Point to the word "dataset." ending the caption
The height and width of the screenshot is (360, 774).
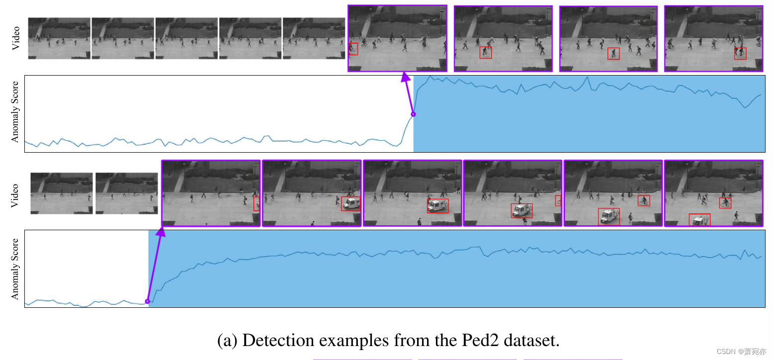click(532, 341)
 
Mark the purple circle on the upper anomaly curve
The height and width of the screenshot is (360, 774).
click(413, 114)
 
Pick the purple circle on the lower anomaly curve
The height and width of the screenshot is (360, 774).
click(147, 301)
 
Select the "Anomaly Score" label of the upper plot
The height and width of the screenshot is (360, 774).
click(15, 112)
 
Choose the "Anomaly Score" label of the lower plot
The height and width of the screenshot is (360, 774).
click(15, 269)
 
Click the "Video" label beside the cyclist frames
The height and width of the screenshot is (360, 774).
click(16, 38)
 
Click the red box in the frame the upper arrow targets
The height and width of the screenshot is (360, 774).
click(353, 49)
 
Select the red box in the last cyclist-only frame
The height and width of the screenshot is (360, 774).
click(740, 53)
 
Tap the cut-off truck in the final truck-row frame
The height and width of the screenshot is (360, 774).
click(699, 220)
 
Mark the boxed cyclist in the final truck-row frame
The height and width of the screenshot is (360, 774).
click(725, 202)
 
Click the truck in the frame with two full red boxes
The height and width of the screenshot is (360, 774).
click(609, 216)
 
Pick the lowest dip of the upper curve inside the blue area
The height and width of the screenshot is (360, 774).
click(744, 107)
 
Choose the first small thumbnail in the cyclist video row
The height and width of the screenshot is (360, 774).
click(59, 38)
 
